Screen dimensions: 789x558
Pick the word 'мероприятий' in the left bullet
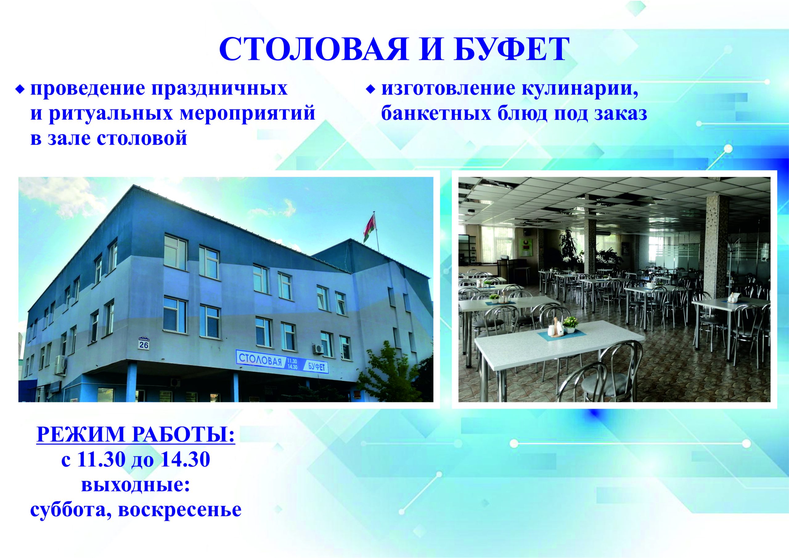pos(247,114)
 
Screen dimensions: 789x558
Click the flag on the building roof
pos(370,227)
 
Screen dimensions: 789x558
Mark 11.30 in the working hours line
pos(101,459)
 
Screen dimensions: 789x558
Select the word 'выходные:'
pos(136,486)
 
